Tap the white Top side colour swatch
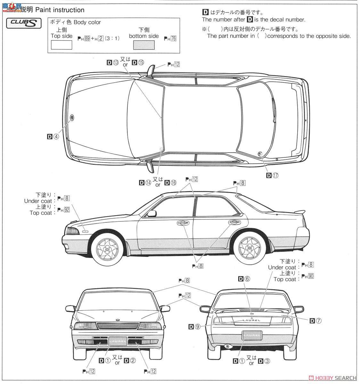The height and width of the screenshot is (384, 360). [x=61, y=45]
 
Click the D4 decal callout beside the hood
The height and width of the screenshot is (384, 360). [x=53, y=136]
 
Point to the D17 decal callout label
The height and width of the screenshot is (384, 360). [x=272, y=175]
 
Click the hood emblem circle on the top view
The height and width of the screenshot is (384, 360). [x=72, y=117]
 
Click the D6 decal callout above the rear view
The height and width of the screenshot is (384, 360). [x=244, y=279]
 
